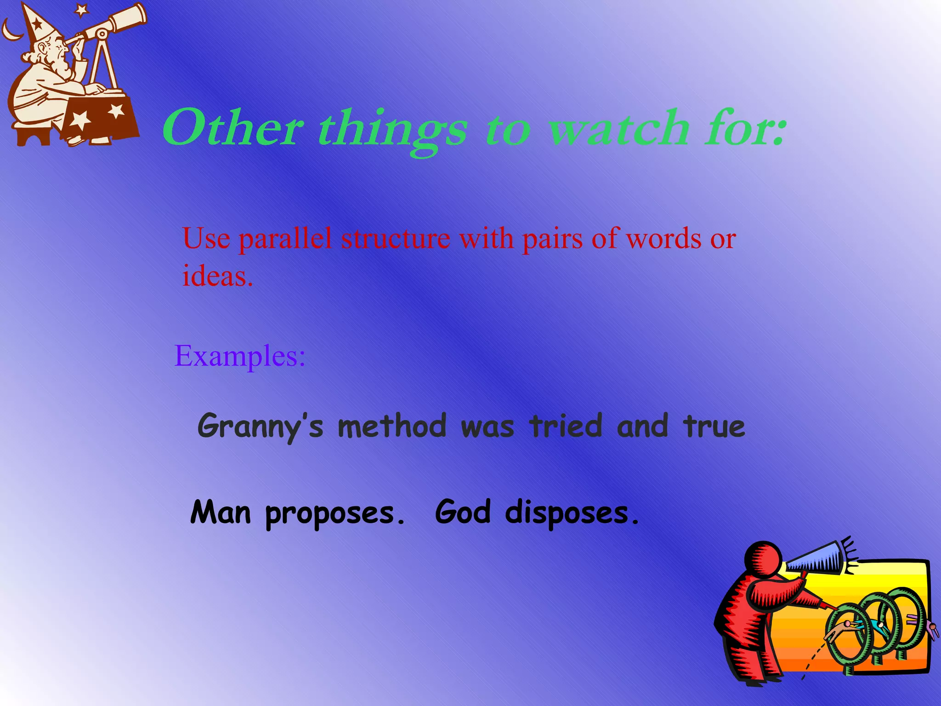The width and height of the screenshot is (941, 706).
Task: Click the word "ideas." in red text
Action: [217, 277]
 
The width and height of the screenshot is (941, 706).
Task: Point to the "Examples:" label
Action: [240, 356]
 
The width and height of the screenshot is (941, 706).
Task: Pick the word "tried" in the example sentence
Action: [566, 426]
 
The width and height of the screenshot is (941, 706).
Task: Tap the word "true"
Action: [714, 427]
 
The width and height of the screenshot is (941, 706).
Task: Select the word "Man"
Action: [221, 512]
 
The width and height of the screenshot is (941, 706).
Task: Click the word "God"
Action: [463, 512]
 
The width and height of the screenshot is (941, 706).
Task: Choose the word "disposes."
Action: [572, 513]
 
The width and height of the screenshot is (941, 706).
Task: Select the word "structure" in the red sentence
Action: [396, 239]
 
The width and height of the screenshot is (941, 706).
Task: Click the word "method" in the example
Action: [392, 426]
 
